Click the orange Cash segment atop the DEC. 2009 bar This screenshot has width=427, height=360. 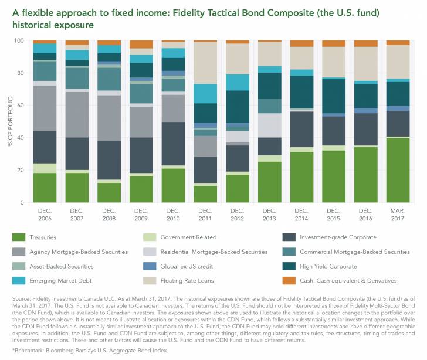tap(141, 45)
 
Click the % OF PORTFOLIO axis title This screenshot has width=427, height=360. tap(9, 122)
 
